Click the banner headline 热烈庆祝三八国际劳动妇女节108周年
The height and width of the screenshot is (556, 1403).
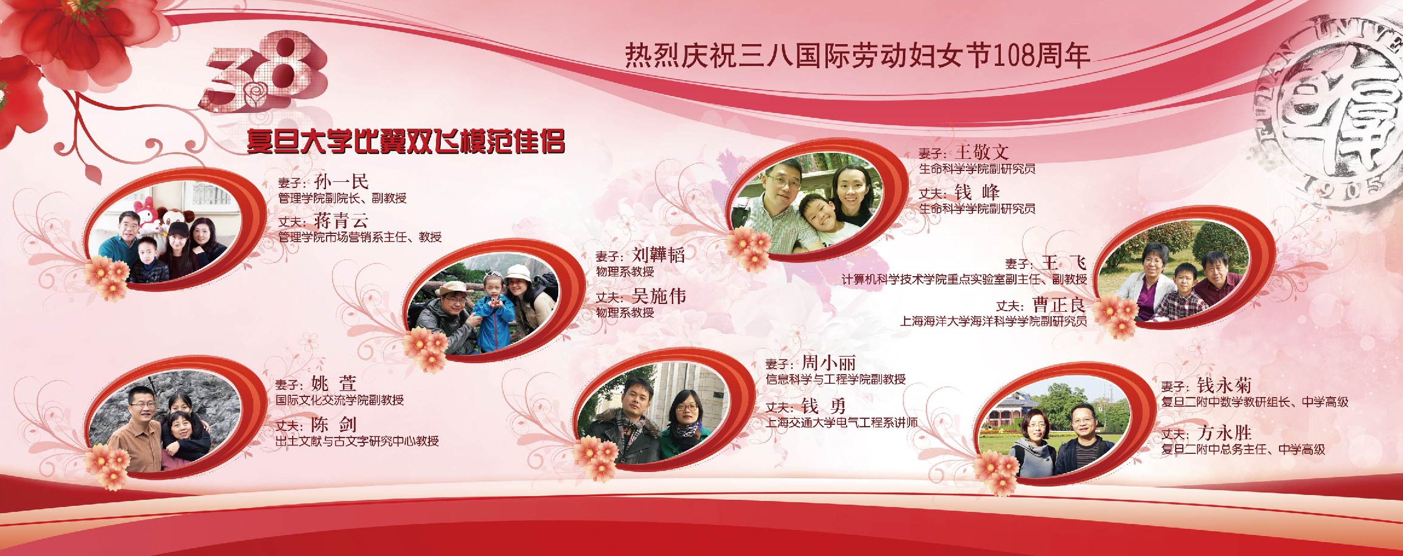[x=857, y=55]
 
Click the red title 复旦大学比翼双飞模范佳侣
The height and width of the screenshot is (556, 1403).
[x=406, y=142]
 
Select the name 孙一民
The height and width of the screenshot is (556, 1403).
[x=341, y=181]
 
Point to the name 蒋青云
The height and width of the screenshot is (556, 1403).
[x=341, y=221]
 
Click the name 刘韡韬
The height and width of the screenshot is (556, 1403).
[x=659, y=254]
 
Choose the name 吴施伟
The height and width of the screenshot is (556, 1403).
[x=659, y=296]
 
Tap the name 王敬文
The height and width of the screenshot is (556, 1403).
[x=982, y=152]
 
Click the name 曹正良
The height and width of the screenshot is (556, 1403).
[x=1060, y=305]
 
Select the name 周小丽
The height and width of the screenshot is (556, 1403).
[x=828, y=363]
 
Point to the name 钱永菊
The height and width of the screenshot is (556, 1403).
[x=1224, y=385]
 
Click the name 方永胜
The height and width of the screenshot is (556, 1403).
[x=1224, y=433]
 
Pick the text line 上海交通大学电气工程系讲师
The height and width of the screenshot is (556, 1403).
[x=842, y=422]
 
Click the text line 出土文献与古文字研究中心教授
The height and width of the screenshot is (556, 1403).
[x=357, y=441]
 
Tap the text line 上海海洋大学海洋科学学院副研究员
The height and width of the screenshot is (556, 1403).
[x=993, y=321]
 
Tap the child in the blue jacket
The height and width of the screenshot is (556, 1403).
[x=493, y=314]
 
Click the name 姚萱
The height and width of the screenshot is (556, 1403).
[x=334, y=383]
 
